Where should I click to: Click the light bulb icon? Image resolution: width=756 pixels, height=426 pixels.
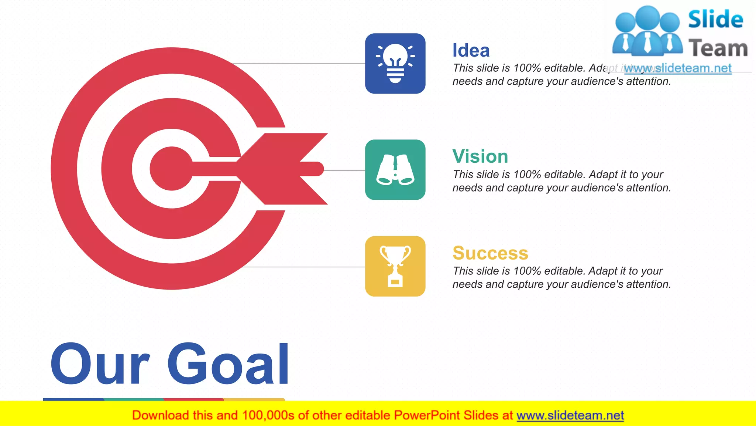click(395, 64)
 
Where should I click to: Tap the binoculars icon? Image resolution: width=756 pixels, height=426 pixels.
click(395, 170)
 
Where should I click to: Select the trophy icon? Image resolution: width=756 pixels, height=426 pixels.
click(395, 266)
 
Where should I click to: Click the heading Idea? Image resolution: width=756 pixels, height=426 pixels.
click(471, 50)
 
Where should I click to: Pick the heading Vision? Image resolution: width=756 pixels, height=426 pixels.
click(480, 156)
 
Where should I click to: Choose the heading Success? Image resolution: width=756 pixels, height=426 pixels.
click(490, 253)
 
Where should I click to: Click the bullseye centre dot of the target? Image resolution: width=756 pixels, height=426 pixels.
click(171, 169)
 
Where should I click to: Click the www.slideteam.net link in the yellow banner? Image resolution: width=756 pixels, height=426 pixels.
click(570, 416)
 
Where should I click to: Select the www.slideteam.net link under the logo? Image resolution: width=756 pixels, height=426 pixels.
click(678, 68)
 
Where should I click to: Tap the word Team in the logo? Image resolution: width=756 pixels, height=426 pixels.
click(718, 48)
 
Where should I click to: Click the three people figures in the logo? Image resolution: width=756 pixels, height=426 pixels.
click(647, 31)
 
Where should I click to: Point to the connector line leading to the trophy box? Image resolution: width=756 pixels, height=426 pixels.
click(303, 267)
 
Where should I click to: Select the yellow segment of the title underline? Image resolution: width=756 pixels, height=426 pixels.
click(254, 399)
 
